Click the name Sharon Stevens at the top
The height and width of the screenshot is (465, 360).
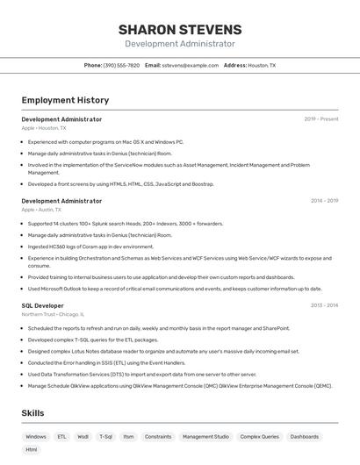[180, 30]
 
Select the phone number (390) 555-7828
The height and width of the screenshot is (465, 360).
[121, 65]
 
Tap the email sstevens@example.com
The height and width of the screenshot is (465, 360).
[191, 65]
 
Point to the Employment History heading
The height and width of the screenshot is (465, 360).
[65, 101]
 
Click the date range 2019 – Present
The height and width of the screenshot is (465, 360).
[321, 119]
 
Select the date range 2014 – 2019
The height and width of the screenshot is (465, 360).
[324, 201]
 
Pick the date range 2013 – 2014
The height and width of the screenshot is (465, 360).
[324, 305]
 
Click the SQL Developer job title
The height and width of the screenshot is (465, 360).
[42, 305]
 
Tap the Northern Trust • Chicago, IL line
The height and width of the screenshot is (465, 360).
[53, 314]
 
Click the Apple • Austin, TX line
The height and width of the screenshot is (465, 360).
[41, 210]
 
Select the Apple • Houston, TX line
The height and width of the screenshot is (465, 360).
[44, 128]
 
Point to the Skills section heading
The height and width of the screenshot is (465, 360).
[33, 412]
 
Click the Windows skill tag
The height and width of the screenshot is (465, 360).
[36, 436]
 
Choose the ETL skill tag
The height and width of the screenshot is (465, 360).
[61, 436]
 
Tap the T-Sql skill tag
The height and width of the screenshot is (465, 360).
[105, 436]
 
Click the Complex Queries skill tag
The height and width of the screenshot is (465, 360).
[259, 436]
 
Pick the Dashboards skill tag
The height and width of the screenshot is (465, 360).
[305, 436]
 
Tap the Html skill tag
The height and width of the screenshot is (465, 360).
[32, 450]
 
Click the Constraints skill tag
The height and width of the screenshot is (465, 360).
[158, 436]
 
